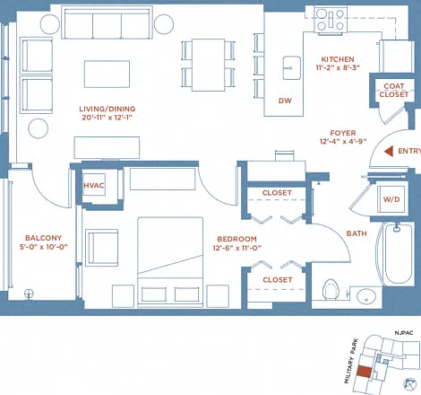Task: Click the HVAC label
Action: tap(94, 186)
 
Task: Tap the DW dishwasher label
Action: tap(285, 101)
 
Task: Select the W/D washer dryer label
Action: tap(391, 199)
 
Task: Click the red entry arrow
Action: tap(389, 152)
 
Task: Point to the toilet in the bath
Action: tap(331, 290)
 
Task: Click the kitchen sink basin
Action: tap(291, 68)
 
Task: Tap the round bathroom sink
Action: tap(366, 296)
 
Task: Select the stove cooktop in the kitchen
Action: tap(331, 20)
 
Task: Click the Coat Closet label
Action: tap(394, 91)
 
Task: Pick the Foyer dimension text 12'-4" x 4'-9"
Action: tap(343, 141)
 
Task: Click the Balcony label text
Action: tap(44, 238)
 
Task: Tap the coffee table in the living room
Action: tap(107, 74)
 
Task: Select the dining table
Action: tap(208, 65)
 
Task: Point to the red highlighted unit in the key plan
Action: tap(365, 372)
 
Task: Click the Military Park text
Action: tap(350, 361)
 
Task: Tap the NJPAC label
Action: tap(404, 333)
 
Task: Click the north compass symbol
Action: tap(410, 384)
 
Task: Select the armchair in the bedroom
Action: tap(102, 248)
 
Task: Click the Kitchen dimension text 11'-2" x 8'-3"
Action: tap(338, 67)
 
